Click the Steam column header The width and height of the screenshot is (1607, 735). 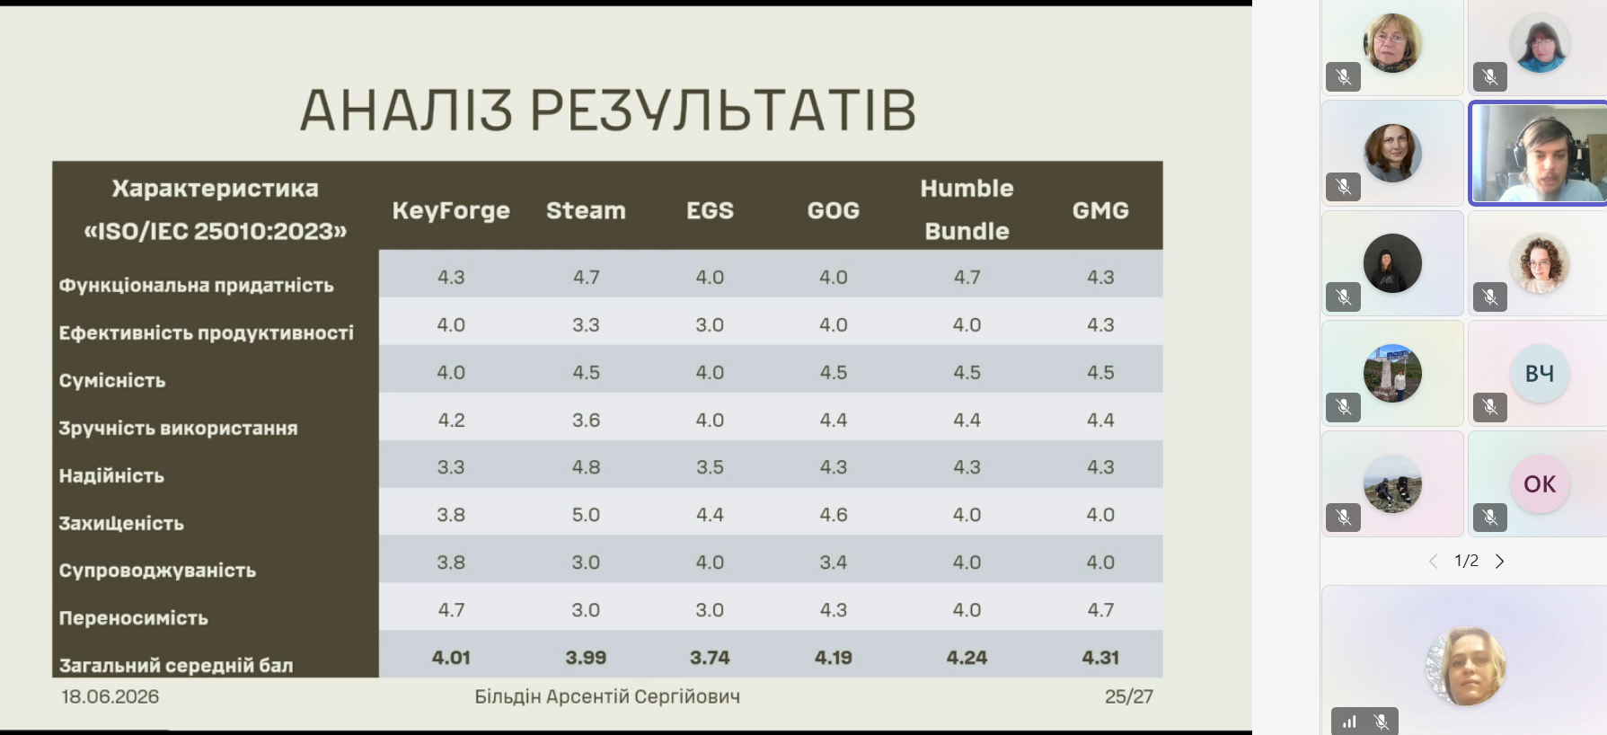coord(586,210)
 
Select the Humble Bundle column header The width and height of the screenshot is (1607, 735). coord(967,209)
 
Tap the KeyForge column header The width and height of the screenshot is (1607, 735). coord(451,211)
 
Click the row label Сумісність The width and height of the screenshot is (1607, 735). coord(112,380)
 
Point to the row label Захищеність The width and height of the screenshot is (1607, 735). coord(121,523)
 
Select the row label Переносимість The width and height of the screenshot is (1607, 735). coord(133,618)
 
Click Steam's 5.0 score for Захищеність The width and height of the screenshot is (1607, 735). coord(586,515)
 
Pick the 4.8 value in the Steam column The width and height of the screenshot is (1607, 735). coord(586,467)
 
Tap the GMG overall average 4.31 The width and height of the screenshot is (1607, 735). coord(1100,658)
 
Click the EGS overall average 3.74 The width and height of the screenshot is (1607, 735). coord(710,658)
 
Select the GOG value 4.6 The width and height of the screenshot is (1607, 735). coord(833,515)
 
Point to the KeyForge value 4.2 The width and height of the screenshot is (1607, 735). coord(451,420)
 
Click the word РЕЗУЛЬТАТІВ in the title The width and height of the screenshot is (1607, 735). coord(723,111)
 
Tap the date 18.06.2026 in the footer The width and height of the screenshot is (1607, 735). coord(110,696)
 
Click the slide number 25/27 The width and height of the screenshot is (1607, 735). coord(1129,696)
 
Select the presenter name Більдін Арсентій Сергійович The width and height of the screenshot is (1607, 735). coord(607,696)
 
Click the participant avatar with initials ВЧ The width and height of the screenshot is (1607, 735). coord(1540,373)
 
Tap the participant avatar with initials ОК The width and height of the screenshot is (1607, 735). coord(1540,483)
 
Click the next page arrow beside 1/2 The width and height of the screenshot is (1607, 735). coord(1499,562)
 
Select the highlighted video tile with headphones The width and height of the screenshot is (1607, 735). coord(1538,154)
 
